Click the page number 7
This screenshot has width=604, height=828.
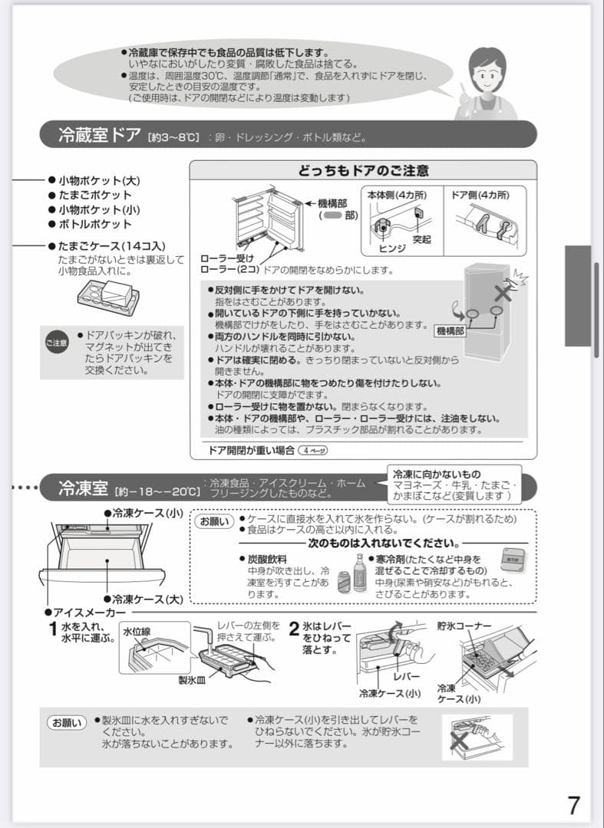click(573, 805)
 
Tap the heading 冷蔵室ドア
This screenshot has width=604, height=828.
click(100, 136)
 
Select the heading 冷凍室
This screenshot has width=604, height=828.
click(84, 488)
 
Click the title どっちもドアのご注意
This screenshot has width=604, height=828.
click(363, 171)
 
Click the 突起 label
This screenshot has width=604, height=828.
click(421, 240)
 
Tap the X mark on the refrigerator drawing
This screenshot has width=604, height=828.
click(503, 293)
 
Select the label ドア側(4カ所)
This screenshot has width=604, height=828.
click(480, 195)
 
